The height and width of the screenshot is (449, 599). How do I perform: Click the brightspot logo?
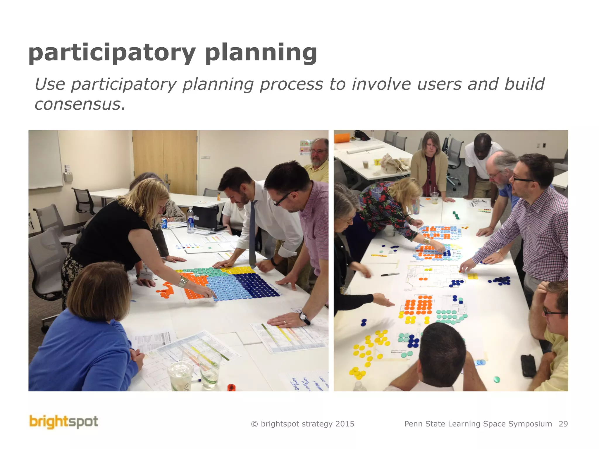coord(64,422)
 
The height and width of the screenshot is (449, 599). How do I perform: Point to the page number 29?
coord(563,424)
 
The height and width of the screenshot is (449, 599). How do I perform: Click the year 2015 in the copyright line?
coord(345,424)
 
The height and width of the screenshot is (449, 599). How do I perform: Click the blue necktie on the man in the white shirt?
coord(252,234)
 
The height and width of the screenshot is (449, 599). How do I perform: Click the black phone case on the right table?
coord(529,366)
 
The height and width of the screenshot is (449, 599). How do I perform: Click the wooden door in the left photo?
coord(165,161)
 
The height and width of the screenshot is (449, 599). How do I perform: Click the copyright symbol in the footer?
coord(254,424)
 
